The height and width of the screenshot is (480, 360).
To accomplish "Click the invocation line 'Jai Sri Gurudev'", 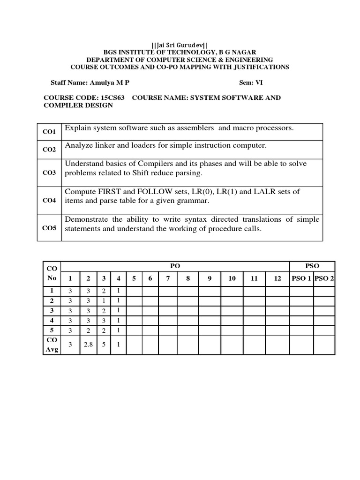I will point(180,45).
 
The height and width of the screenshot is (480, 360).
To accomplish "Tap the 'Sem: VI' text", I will point(253,82).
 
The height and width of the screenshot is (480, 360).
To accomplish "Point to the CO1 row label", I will point(49,132).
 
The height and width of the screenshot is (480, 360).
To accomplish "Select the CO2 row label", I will point(49,150).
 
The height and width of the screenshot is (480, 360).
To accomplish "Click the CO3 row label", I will point(49,172).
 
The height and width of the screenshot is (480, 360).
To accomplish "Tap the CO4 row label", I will point(49,200).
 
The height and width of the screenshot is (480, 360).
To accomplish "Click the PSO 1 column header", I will point(301,278).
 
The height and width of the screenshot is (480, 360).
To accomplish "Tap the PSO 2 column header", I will point(324,278).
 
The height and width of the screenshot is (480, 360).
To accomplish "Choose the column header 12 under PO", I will point(277,278).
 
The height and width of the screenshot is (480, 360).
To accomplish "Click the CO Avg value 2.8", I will point(88,345).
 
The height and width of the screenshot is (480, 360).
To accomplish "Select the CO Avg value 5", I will point(104,345).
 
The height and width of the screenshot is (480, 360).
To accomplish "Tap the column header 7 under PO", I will point(168,278).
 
